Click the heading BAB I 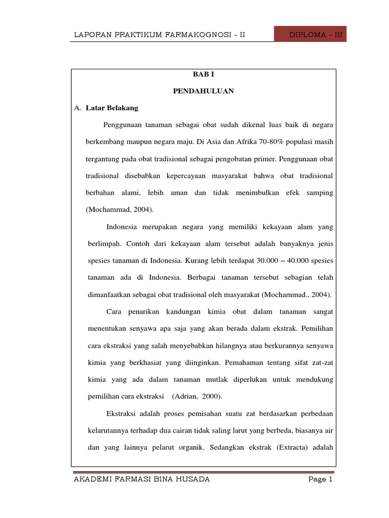tap(203, 74)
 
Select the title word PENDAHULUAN tap(203, 91)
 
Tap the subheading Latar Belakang tap(112, 108)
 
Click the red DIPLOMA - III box tap(310, 35)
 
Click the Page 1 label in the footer tap(320, 480)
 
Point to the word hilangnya tap(216, 345)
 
